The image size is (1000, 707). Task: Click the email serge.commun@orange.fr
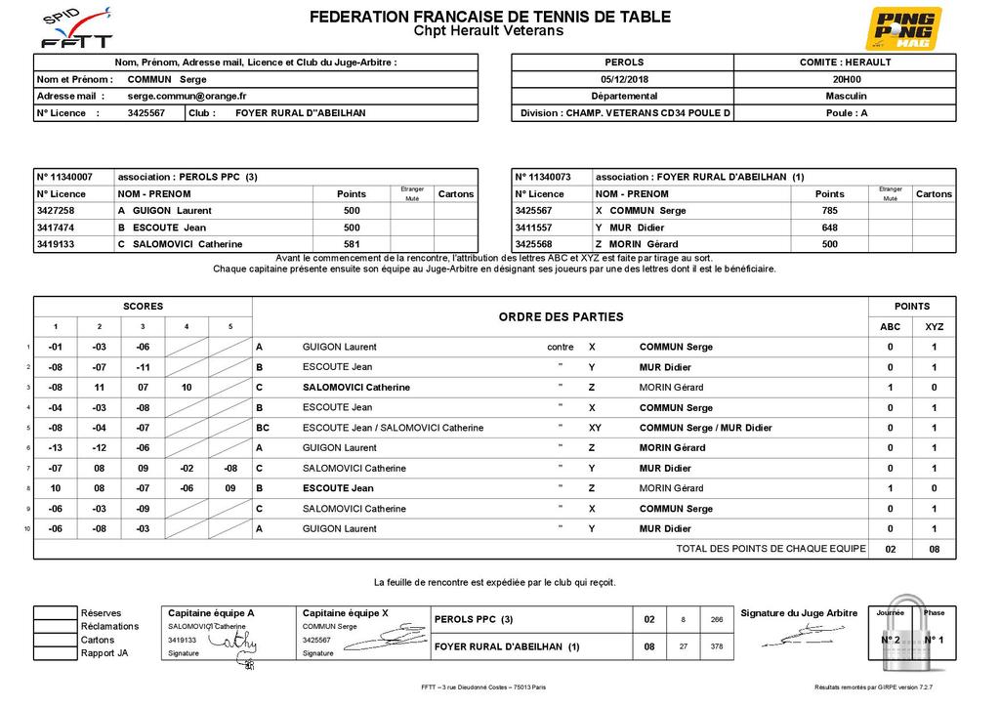187,97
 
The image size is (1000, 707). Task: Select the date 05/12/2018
624,79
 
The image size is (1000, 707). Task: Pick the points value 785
829,211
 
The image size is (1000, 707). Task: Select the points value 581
352,244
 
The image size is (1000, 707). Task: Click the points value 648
829,228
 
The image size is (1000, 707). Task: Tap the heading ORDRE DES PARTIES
561,316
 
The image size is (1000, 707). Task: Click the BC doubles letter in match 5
263,428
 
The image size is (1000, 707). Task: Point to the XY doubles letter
595,428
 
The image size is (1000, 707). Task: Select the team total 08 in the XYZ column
934,550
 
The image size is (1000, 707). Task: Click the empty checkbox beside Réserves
55,613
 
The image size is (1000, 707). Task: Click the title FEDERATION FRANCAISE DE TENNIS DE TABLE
489,17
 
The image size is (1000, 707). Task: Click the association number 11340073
549,178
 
